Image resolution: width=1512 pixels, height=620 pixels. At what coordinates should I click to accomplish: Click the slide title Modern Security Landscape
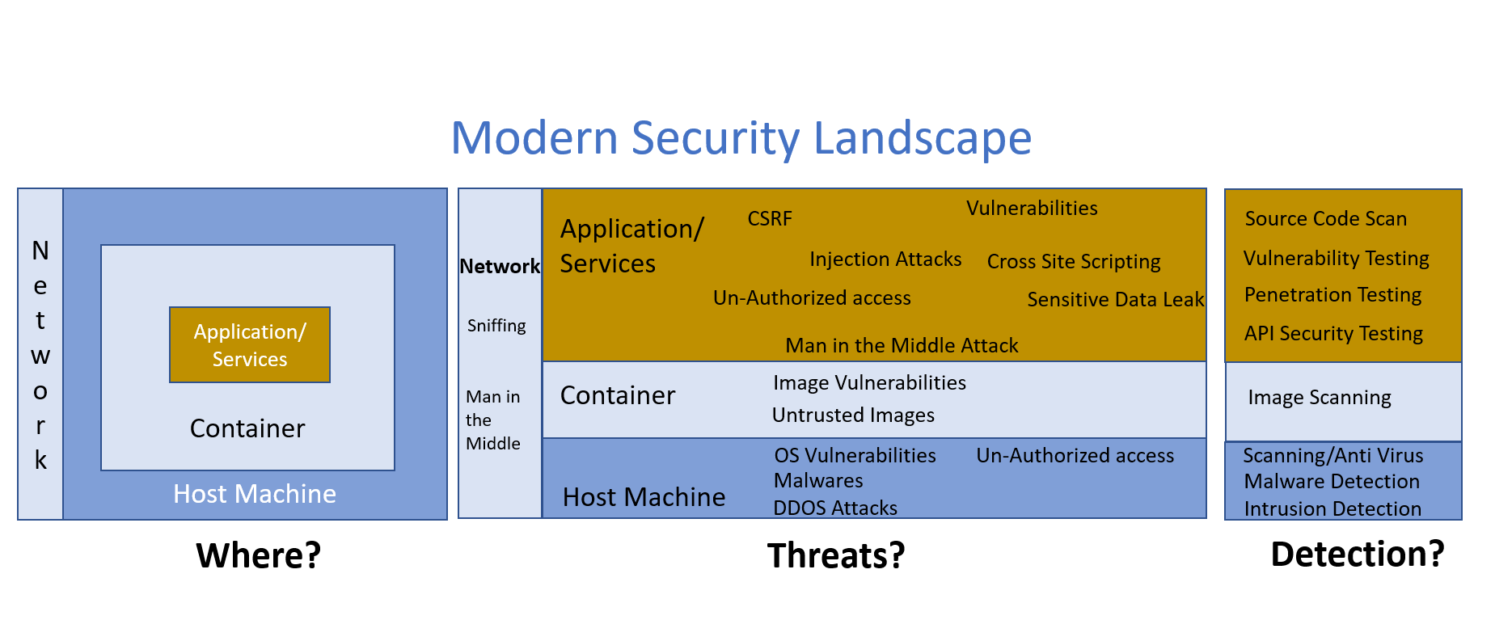(741, 137)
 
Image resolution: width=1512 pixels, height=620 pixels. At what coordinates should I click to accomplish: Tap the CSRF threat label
(770, 219)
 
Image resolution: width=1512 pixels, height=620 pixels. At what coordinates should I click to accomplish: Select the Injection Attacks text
(885, 259)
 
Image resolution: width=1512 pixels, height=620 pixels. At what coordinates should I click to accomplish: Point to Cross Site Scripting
(1074, 262)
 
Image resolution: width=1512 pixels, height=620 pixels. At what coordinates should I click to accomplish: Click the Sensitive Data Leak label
(1115, 300)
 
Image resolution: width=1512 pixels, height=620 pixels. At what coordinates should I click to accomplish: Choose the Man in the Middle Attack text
(902, 346)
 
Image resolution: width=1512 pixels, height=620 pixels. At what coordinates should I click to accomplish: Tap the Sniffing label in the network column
(496, 326)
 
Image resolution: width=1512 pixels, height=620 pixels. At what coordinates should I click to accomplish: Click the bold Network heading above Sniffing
(500, 267)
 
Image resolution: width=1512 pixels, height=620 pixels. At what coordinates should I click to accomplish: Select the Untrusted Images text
(853, 415)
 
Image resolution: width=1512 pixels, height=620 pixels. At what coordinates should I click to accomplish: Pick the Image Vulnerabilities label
(869, 383)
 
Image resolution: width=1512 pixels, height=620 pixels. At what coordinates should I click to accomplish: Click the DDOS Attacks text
(835, 508)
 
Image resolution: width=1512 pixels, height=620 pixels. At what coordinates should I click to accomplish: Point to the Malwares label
(818, 481)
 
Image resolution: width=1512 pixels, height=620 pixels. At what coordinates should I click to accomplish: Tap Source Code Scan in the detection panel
(1326, 219)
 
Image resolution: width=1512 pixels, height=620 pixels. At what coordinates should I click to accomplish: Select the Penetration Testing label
(1333, 295)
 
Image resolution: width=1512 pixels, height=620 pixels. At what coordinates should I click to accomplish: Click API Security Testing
(1333, 334)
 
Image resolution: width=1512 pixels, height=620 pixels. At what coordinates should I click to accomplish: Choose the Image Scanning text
(1320, 398)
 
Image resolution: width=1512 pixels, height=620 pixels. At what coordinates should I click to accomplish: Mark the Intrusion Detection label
(1333, 509)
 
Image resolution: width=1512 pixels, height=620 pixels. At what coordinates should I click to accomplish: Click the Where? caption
(259, 556)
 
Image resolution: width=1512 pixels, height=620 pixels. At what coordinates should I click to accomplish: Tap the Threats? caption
(836, 556)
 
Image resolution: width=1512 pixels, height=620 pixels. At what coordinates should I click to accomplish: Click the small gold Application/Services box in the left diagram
(250, 345)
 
